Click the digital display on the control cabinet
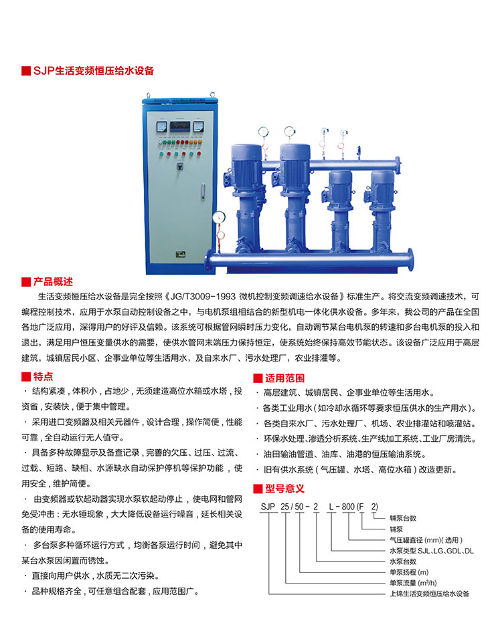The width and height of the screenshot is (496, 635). coord(179,126)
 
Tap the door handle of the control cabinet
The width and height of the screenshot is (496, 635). coord(202,192)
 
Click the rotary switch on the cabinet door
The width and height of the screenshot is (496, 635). coord(180,166)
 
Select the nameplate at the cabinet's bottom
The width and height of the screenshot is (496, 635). coord(181,254)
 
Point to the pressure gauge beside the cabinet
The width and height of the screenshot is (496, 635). coord(219,217)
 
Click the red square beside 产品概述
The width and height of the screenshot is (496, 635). coord(26,282)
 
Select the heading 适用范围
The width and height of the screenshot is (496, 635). coord(284,378)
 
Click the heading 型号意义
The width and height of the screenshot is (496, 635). coord(284,489)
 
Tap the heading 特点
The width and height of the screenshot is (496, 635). coord(43,376)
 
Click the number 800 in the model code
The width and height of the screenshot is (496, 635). coord(348,507)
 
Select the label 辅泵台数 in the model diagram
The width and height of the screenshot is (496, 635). coord(403,519)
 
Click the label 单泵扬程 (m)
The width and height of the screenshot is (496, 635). coord(409,572)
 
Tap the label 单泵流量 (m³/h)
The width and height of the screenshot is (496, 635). coord(413,583)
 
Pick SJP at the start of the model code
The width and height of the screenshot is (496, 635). coord(268,507)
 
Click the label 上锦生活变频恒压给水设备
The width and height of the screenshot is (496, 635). coord(429,594)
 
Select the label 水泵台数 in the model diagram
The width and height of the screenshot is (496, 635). coord(403,561)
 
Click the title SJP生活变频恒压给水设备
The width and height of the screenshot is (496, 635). coord(94,71)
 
